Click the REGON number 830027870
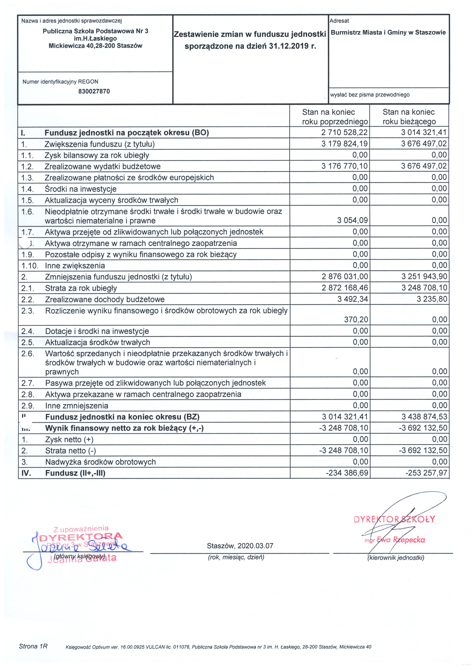tap(94, 91)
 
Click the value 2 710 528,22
tap(344, 133)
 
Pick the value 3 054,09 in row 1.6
tap(352, 220)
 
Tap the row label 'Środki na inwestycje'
tap(81, 189)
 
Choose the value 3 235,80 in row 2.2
tap(432, 299)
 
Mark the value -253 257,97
tap(426, 473)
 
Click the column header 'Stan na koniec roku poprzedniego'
tap(329, 117)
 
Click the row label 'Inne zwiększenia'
tap(75, 266)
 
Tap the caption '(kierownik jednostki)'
tap(396, 558)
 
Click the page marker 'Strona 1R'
tap(33, 646)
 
